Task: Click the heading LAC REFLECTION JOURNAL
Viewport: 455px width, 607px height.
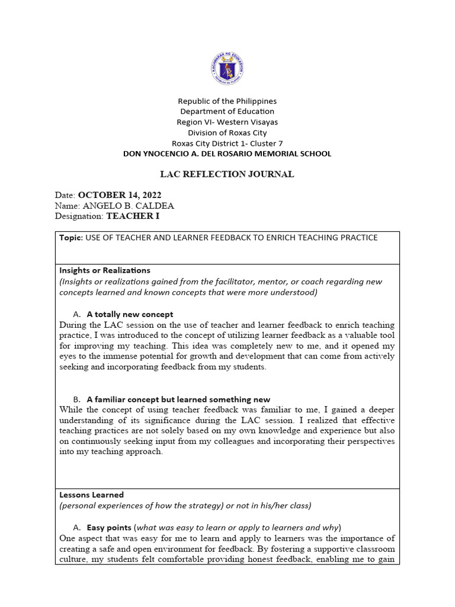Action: pyautogui.click(x=227, y=174)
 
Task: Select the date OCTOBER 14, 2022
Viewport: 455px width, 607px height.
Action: pyautogui.click(x=120, y=195)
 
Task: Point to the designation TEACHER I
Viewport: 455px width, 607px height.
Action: pyautogui.click(x=133, y=216)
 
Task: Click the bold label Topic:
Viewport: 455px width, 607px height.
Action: pyautogui.click(x=71, y=238)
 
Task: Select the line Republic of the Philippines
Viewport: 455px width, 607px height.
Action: pyautogui.click(x=227, y=101)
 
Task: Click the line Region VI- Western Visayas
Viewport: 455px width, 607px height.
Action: pyautogui.click(x=227, y=122)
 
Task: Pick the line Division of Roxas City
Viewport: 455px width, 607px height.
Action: pyautogui.click(x=227, y=133)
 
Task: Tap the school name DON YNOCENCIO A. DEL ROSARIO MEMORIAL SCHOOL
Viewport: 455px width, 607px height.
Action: pyautogui.click(x=227, y=154)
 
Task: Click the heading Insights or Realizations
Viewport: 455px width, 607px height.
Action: pyautogui.click(x=105, y=270)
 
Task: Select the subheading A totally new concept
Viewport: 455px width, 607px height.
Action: pyautogui.click(x=130, y=314)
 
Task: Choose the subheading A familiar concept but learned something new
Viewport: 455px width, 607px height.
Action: pyautogui.click(x=178, y=400)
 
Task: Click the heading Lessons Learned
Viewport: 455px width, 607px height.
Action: pyautogui.click(x=91, y=494)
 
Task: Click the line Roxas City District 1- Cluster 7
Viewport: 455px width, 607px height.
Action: pyautogui.click(x=227, y=143)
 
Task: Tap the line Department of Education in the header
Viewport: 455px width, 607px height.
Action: pyautogui.click(x=227, y=111)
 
